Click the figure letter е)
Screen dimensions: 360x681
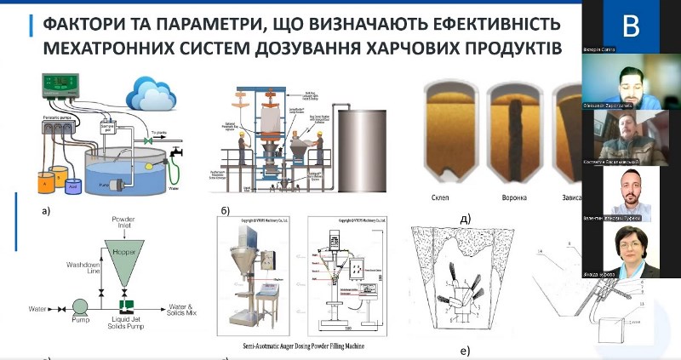click(463, 351)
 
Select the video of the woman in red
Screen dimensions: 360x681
click(630, 252)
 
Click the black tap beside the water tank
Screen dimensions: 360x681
click(178, 152)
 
